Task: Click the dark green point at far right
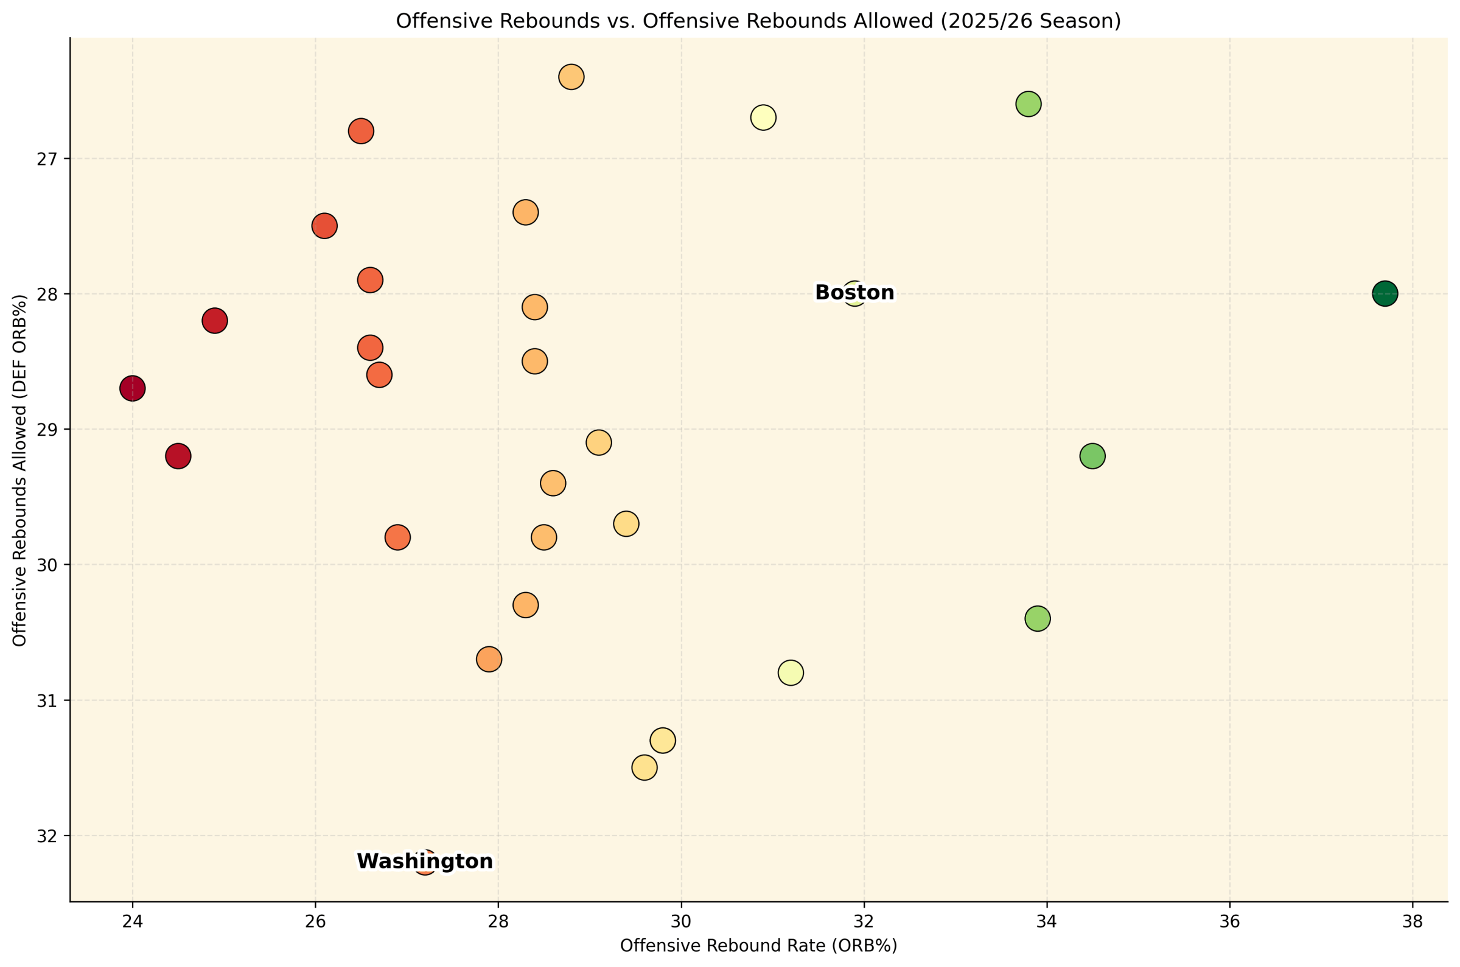tap(1385, 293)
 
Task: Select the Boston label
tap(854, 293)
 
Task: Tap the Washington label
tap(425, 862)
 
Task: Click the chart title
tap(758, 21)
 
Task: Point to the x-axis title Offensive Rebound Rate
tap(758, 946)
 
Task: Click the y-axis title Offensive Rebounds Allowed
tap(19, 470)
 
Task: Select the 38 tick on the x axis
tap(1413, 922)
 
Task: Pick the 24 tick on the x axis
tap(132, 922)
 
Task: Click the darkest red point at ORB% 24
tap(133, 388)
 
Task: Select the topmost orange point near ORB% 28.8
tap(571, 77)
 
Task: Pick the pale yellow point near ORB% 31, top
tap(763, 117)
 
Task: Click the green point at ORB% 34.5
tap(1092, 456)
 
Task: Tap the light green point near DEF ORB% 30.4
tap(1038, 618)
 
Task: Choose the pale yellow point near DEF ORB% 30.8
tap(791, 672)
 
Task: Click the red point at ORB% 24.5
tap(178, 456)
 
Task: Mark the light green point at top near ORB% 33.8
tap(1029, 103)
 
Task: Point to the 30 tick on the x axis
tap(681, 922)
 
